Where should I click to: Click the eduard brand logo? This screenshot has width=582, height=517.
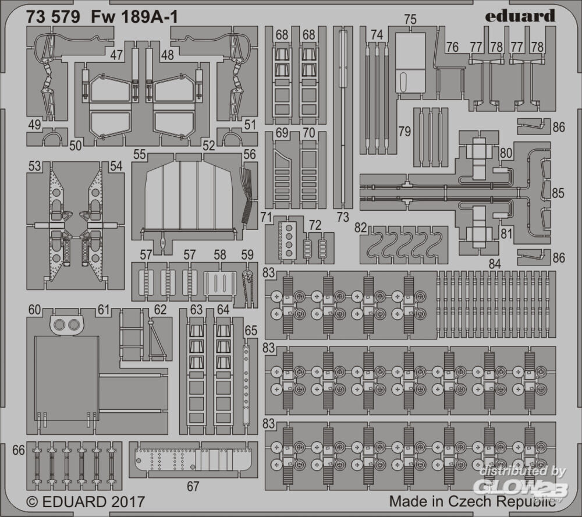click(x=520, y=16)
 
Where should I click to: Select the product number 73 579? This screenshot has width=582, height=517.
click(x=53, y=17)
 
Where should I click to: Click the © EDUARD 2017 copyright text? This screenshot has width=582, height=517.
click(x=86, y=502)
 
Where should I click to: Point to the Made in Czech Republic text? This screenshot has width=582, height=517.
click(x=473, y=501)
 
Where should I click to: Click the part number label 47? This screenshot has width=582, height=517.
click(x=116, y=55)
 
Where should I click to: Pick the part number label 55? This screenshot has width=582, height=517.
click(x=140, y=154)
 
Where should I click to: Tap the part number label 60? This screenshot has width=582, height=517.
click(x=34, y=309)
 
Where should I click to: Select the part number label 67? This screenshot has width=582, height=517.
click(x=193, y=486)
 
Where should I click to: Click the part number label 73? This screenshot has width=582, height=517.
click(x=343, y=217)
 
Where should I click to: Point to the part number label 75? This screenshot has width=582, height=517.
click(x=410, y=19)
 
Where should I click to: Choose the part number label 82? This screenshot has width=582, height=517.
click(x=360, y=228)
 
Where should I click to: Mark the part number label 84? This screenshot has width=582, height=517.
click(x=495, y=264)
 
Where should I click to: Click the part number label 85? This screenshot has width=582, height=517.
click(x=558, y=193)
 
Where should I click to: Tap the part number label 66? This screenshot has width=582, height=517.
click(x=19, y=450)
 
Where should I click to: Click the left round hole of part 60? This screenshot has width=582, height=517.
click(x=59, y=325)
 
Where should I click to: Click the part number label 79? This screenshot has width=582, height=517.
click(x=404, y=132)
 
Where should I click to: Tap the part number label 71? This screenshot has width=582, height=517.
click(x=267, y=217)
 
